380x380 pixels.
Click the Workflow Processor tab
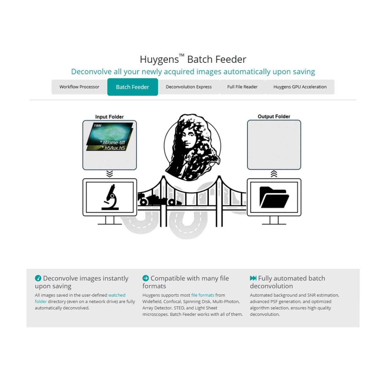point(79,87)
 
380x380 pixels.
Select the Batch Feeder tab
point(133,87)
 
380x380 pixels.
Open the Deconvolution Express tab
point(189,87)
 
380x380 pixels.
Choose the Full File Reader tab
point(242,87)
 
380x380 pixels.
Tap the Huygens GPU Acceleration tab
point(300,87)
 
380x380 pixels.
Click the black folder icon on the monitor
point(274,197)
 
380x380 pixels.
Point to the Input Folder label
point(109,117)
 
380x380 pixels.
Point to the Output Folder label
point(274,116)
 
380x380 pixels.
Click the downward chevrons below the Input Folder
point(109,174)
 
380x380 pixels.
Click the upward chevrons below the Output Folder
point(274,174)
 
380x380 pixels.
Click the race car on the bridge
point(158,200)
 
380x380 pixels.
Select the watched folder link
point(117,295)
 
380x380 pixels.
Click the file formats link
point(203,295)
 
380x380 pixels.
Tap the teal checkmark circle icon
point(38,278)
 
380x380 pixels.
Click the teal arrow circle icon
point(145,278)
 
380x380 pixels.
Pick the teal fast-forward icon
point(253,278)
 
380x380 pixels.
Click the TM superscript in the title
point(182,55)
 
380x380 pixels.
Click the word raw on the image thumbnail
point(98,125)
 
